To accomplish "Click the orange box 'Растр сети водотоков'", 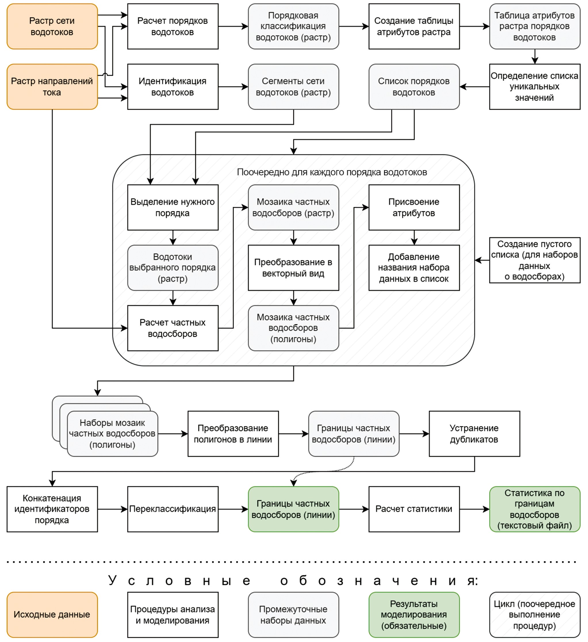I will [52, 26].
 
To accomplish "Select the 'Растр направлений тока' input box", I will [52, 87].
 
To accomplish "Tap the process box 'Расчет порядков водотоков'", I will [173, 26].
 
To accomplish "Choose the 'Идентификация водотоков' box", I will [173, 87].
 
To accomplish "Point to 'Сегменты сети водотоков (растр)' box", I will [293, 87].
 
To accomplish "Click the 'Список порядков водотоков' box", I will [414, 87].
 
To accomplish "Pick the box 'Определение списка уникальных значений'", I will [535, 87].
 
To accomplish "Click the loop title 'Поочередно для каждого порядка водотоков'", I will [332, 172].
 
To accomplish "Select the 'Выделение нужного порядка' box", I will [173, 207].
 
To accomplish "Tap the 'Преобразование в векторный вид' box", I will [293, 267].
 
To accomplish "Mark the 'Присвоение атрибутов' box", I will [414, 207].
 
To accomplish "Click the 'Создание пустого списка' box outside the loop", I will [535, 260].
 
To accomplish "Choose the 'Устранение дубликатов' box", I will [474, 434].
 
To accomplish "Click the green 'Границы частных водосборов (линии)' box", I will [293, 509].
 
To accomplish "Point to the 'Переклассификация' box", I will [173, 509].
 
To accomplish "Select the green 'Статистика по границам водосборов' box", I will [535, 509].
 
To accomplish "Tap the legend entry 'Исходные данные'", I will [52, 615].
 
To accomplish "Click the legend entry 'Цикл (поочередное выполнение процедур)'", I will [535, 615].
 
